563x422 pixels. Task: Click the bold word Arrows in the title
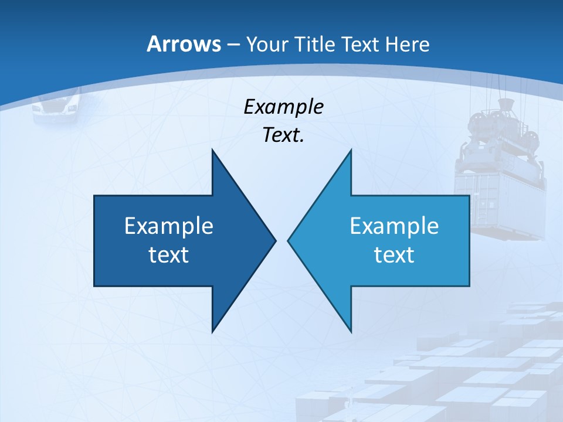[x=183, y=44]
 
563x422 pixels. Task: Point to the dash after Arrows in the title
[x=233, y=45]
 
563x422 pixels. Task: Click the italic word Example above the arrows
[x=283, y=107]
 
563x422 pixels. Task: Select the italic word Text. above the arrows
[x=283, y=135]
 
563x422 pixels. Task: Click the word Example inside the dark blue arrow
[x=169, y=226]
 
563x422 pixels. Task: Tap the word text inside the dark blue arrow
[x=169, y=255]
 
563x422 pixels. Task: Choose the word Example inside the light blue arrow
[x=394, y=226]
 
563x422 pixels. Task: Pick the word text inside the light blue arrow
[x=394, y=255]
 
